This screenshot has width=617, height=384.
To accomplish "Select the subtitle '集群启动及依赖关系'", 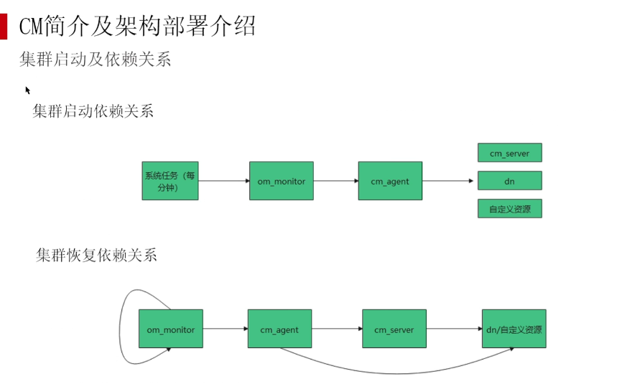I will click(95, 59).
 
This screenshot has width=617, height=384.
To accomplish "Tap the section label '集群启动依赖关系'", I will click(93, 111).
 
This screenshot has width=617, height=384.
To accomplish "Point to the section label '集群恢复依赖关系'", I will click(96, 255).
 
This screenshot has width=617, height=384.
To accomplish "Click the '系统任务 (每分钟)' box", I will click(170, 181).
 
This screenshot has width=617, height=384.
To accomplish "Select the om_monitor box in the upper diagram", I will click(281, 181).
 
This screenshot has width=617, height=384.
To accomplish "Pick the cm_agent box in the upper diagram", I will click(389, 181).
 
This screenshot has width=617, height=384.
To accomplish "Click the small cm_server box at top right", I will click(509, 153).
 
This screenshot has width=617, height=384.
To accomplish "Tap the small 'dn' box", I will click(509, 181).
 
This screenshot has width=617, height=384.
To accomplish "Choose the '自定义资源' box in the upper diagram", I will click(509, 209).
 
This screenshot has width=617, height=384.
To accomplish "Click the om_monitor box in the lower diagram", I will click(171, 329).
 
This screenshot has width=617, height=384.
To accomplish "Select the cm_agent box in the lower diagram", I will click(279, 329).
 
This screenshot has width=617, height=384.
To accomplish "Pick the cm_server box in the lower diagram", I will click(394, 329).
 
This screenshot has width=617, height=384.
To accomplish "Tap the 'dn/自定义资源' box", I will click(514, 329).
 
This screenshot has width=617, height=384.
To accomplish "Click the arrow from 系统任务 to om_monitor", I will click(223, 181).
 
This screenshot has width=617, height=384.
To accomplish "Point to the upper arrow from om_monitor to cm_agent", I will click(335, 181).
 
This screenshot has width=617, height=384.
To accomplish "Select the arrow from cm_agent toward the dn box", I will click(449, 181).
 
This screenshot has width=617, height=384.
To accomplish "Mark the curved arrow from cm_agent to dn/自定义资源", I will click(395, 372).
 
